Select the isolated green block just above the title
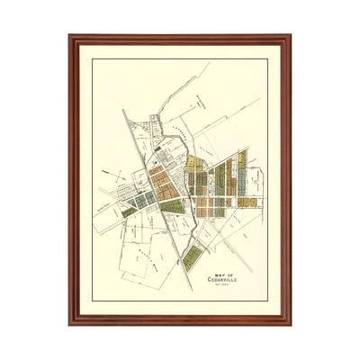coord(192,256)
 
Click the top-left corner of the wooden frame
coord(70,37)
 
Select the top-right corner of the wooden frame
coord(290,37)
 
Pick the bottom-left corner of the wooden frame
coord(70,322)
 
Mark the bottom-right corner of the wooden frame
coord(290,322)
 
